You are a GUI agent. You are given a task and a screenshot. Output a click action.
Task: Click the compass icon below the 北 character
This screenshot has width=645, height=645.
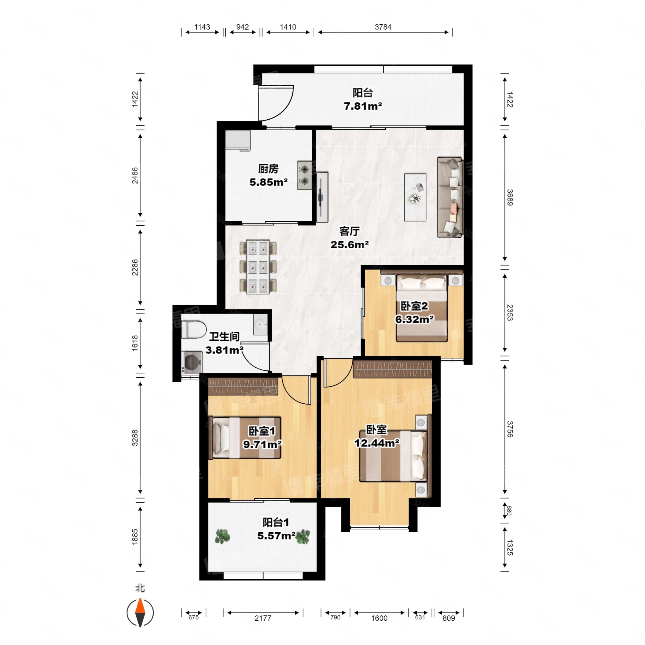coord(140,613)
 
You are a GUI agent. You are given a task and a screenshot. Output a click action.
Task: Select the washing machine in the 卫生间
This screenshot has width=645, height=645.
coord(192,362)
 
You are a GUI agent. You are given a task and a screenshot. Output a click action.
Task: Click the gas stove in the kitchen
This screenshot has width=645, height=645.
coord(305,176)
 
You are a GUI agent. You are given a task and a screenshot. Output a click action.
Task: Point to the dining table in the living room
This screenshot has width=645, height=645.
coord(258,267)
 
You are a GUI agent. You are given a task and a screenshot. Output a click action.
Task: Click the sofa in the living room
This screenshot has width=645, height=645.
coord(450,197)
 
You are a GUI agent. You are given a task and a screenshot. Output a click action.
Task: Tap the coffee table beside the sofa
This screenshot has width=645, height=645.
coord(415,197)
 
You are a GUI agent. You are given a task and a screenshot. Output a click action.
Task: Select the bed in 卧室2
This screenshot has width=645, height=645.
coord(422,308)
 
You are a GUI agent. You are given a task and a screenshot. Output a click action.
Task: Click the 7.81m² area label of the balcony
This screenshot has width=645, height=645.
coord(363,106)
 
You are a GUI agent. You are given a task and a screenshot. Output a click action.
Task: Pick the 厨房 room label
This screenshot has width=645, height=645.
coord(269,169)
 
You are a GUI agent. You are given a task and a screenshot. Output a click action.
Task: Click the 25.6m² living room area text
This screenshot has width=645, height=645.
coord(349,245)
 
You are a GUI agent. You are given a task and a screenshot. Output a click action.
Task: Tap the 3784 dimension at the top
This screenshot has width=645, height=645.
coord(383,27)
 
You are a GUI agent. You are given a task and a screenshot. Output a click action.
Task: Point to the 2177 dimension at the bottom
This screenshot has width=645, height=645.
coord(263,618)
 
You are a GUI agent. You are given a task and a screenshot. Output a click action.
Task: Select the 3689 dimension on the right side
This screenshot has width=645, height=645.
coord(510,197)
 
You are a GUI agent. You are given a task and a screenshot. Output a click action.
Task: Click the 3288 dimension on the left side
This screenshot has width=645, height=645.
coord(135,438)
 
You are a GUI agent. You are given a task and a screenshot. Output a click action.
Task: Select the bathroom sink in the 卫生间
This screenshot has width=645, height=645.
coord(260,324)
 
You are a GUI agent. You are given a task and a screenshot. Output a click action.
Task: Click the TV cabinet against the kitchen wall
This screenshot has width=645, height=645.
coord(322,197)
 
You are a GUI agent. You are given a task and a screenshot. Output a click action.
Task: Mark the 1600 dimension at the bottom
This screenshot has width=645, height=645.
coord(379,618)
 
